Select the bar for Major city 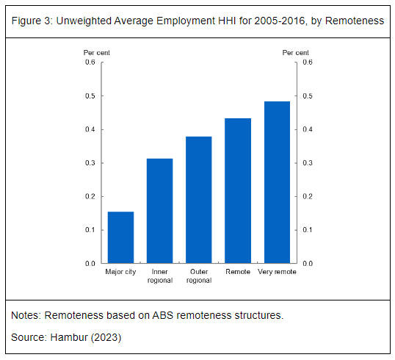120,237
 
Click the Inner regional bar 160,211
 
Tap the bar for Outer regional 199,200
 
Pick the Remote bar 238,191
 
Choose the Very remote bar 277,182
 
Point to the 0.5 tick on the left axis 102,96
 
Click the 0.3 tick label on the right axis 308,163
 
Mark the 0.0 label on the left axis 90,264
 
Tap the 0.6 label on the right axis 308,62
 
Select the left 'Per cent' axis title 97,53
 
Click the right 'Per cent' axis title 295,53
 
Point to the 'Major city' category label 120,272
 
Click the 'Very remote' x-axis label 277,272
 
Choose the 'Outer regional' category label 199,276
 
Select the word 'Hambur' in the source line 69,337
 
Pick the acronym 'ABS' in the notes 163,315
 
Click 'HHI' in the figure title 227,21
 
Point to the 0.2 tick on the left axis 102,196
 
